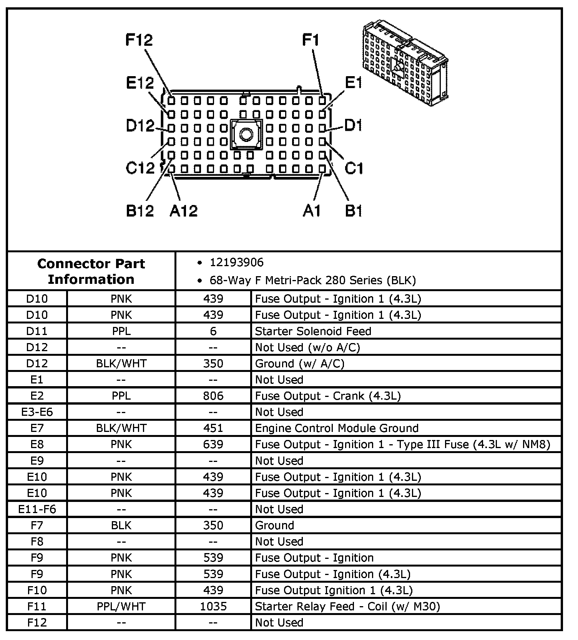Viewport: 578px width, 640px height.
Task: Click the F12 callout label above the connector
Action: point(139,40)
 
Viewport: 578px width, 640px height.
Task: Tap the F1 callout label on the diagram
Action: point(311,40)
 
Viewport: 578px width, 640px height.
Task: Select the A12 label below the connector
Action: point(183,210)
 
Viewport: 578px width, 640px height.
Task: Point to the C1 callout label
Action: point(354,168)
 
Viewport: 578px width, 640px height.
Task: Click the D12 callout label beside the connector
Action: point(140,126)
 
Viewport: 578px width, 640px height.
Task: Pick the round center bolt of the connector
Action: point(246,134)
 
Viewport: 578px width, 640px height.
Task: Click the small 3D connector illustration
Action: point(405,62)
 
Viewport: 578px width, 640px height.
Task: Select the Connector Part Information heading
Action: point(91,271)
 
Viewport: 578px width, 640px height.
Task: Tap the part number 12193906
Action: point(236,263)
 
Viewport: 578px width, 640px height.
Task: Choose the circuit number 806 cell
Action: point(213,396)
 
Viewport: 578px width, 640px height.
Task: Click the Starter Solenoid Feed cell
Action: point(313,331)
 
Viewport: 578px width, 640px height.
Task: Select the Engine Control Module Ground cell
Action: point(337,428)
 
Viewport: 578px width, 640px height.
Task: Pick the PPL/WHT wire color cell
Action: point(121,607)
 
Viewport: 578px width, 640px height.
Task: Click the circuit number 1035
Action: point(213,607)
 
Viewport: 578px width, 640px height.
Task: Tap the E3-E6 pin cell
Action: point(37,412)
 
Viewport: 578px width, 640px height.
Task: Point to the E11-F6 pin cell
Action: point(37,509)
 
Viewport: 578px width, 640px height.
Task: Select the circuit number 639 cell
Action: point(213,444)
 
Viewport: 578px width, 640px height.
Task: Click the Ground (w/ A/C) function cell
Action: point(299,363)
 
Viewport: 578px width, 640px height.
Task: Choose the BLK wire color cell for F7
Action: point(121,525)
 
